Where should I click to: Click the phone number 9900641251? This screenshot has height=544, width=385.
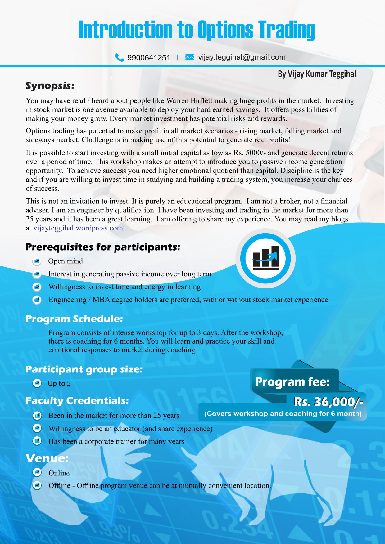click(149, 58)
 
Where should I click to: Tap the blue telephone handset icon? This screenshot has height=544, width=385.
click(120, 57)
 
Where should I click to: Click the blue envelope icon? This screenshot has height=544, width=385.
click(189, 57)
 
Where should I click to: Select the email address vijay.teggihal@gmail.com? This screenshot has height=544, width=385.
click(242, 57)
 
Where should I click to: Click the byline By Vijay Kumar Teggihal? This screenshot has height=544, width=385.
click(317, 74)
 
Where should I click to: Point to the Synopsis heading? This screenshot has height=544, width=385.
click(50, 86)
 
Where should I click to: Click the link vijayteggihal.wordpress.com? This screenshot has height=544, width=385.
click(78, 228)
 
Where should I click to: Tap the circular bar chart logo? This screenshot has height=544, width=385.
click(265, 258)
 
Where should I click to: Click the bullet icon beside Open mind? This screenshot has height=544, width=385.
click(37, 261)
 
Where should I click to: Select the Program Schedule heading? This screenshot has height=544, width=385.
click(74, 319)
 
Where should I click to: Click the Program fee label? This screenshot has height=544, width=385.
click(292, 382)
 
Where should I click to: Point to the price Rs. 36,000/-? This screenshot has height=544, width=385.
click(328, 402)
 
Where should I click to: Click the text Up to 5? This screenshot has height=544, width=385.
click(59, 384)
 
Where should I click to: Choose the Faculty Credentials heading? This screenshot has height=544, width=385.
click(77, 401)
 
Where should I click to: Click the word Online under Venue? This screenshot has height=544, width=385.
click(59, 473)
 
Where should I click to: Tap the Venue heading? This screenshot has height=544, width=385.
click(47, 458)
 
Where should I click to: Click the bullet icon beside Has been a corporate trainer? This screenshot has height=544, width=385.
click(37, 441)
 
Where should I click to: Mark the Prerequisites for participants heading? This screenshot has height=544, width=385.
click(102, 247)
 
